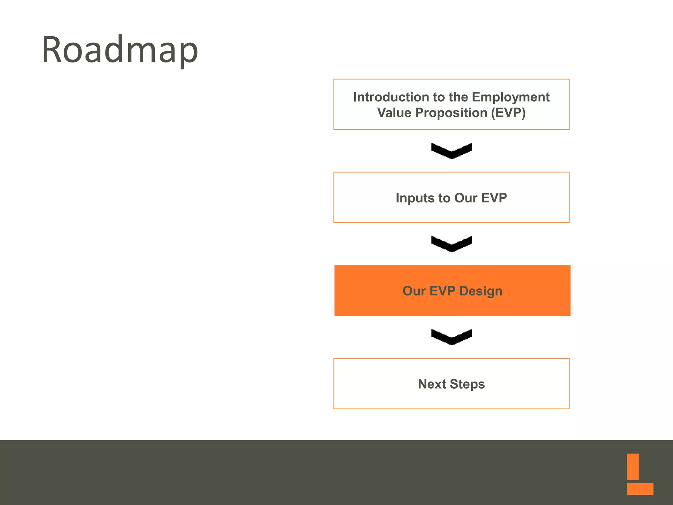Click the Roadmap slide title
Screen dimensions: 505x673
[x=120, y=50]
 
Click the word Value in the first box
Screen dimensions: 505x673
[x=394, y=113]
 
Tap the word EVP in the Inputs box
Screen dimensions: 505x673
[x=494, y=198]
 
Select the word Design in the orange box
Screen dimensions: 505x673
[x=480, y=291]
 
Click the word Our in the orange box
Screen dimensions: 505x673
[x=414, y=291]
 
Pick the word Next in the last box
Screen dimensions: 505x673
[x=431, y=384]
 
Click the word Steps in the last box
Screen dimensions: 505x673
[x=467, y=384]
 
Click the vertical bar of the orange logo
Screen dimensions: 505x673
[x=633, y=467]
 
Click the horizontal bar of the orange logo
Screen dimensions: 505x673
[x=640, y=489]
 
